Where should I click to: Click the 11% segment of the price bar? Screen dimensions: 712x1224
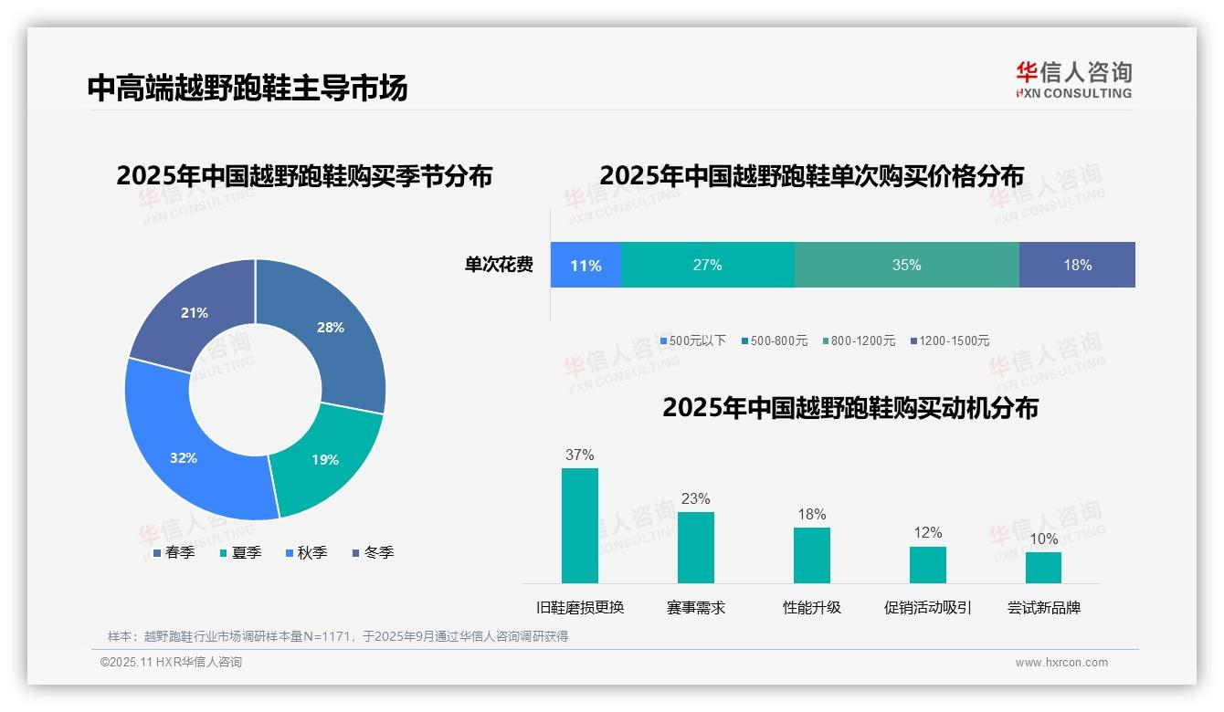tap(586, 266)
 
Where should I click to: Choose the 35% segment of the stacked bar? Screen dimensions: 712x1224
tap(906, 266)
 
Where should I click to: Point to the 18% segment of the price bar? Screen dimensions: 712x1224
tap(1077, 266)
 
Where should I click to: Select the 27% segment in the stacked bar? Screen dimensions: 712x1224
tap(707, 266)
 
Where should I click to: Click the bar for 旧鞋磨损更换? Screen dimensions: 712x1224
tap(579, 526)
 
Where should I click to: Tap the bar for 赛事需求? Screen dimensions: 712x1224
tap(695, 548)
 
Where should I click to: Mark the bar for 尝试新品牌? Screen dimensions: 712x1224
tap(1043, 568)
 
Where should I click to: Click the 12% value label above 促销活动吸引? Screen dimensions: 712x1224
tap(927, 533)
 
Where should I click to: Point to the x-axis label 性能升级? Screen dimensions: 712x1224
tap(811, 608)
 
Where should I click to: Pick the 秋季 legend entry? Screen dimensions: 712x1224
tap(306, 553)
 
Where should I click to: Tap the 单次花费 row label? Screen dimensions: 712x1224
tap(499, 266)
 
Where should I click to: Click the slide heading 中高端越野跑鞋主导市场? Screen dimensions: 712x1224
tap(248, 88)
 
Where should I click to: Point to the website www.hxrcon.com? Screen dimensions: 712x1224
tap(1060, 663)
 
